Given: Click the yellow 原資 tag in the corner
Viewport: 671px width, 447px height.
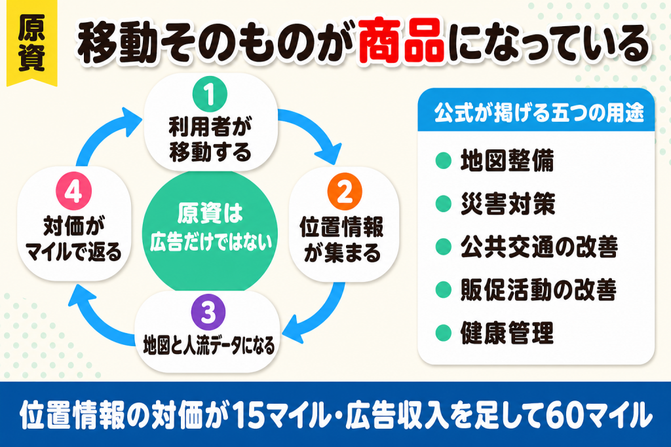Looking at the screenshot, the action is click(31, 43).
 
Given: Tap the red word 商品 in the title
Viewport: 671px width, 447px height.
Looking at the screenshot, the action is click(402, 41).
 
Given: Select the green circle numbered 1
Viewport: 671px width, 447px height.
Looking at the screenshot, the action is click(210, 94).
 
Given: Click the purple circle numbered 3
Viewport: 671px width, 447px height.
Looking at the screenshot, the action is click(208, 312).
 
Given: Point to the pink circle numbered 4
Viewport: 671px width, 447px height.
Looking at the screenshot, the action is click(74, 192).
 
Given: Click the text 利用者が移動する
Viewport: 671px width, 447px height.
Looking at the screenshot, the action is click(210, 139).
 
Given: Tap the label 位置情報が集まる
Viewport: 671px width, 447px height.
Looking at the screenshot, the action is click(342, 240).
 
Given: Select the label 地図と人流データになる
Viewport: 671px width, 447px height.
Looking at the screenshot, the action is click(208, 345).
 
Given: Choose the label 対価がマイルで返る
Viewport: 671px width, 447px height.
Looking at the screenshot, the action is click(73, 239).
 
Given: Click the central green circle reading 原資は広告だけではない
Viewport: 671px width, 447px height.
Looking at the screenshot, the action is click(210, 231).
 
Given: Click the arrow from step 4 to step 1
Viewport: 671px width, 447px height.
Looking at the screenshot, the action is click(103, 132).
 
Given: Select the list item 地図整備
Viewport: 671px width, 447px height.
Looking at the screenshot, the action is click(507, 161).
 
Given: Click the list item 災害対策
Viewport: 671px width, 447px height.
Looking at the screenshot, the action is click(508, 204).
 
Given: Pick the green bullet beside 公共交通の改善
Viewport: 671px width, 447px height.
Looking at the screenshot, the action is click(444, 247).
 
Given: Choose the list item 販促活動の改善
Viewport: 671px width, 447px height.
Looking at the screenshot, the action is click(539, 290).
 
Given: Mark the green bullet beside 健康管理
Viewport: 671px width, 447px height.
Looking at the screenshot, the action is click(444, 333).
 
